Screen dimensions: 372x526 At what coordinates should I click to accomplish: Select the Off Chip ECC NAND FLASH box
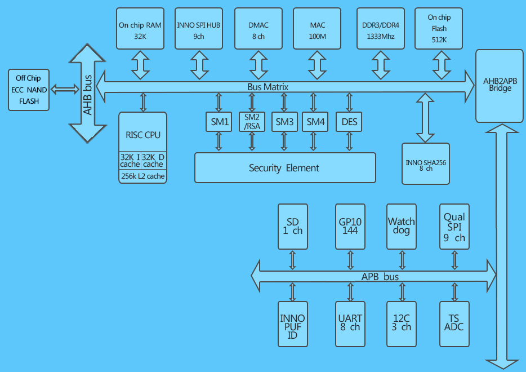pyautogui.click(x=29, y=90)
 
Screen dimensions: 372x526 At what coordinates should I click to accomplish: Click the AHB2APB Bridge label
pyautogui.click(x=500, y=85)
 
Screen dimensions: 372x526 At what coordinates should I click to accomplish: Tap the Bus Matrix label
pyautogui.click(x=268, y=87)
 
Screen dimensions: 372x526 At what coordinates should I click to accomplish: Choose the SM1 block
pyautogui.click(x=218, y=122)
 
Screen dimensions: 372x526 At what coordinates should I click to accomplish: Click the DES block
pyautogui.click(x=349, y=122)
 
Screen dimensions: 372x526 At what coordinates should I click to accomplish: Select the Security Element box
pyautogui.click(x=284, y=167)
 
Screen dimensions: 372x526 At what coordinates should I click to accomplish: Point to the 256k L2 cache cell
pyautogui.click(x=143, y=176)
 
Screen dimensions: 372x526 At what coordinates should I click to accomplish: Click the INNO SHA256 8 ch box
pyautogui.click(x=426, y=164)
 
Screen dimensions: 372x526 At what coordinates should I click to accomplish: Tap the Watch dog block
pyautogui.click(x=402, y=226)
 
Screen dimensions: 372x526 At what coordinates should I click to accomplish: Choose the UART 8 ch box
pyautogui.click(x=350, y=324)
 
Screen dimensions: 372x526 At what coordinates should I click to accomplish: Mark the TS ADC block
pyautogui.click(x=454, y=324)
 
